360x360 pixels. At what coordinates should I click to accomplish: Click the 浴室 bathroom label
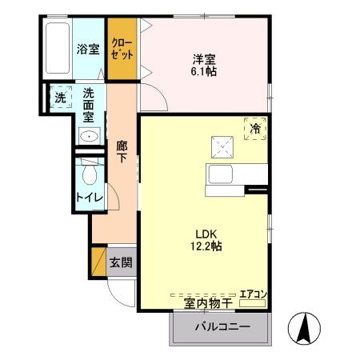click(x=88, y=50)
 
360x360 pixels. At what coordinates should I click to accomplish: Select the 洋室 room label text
click(x=204, y=58)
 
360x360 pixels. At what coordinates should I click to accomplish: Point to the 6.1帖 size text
click(x=204, y=71)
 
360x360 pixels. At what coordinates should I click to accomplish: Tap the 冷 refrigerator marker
click(x=255, y=128)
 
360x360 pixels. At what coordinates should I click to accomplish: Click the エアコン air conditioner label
click(x=254, y=294)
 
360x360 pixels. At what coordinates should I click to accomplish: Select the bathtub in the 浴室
click(x=58, y=48)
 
